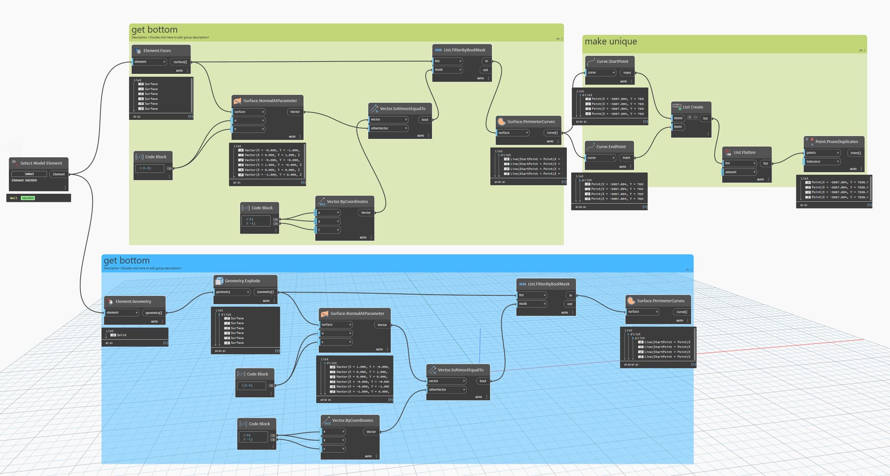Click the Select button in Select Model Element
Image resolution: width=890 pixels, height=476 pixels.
click(x=29, y=174)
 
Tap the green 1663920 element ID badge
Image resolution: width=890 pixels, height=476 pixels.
click(x=28, y=198)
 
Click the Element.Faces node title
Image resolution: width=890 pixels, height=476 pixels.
click(x=157, y=51)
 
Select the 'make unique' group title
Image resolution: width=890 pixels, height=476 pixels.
click(x=610, y=42)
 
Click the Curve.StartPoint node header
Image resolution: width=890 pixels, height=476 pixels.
click(x=612, y=61)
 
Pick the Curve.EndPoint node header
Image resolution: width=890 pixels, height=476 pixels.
click(x=610, y=146)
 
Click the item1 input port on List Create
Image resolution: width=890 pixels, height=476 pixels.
click(x=678, y=127)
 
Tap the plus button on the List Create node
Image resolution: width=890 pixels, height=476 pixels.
click(x=689, y=118)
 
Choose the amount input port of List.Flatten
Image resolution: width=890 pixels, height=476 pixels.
click(x=731, y=172)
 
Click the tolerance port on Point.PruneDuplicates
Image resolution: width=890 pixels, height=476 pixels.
click(x=814, y=162)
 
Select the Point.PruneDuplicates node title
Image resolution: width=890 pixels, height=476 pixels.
click(x=836, y=142)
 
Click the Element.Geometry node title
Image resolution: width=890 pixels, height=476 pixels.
click(x=133, y=301)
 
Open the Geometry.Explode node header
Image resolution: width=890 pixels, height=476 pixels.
click(x=242, y=281)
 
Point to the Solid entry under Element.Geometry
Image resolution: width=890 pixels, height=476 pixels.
click(x=121, y=335)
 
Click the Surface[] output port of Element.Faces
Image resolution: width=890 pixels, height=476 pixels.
click(x=180, y=62)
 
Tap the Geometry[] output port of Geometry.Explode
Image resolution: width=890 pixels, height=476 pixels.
click(x=265, y=292)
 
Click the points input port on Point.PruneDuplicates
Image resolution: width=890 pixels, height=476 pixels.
click(x=811, y=153)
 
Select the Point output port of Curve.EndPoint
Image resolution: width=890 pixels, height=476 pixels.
click(x=626, y=158)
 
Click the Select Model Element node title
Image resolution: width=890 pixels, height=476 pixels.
click(x=41, y=163)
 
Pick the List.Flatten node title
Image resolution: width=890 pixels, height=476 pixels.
click(x=744, y=152)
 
